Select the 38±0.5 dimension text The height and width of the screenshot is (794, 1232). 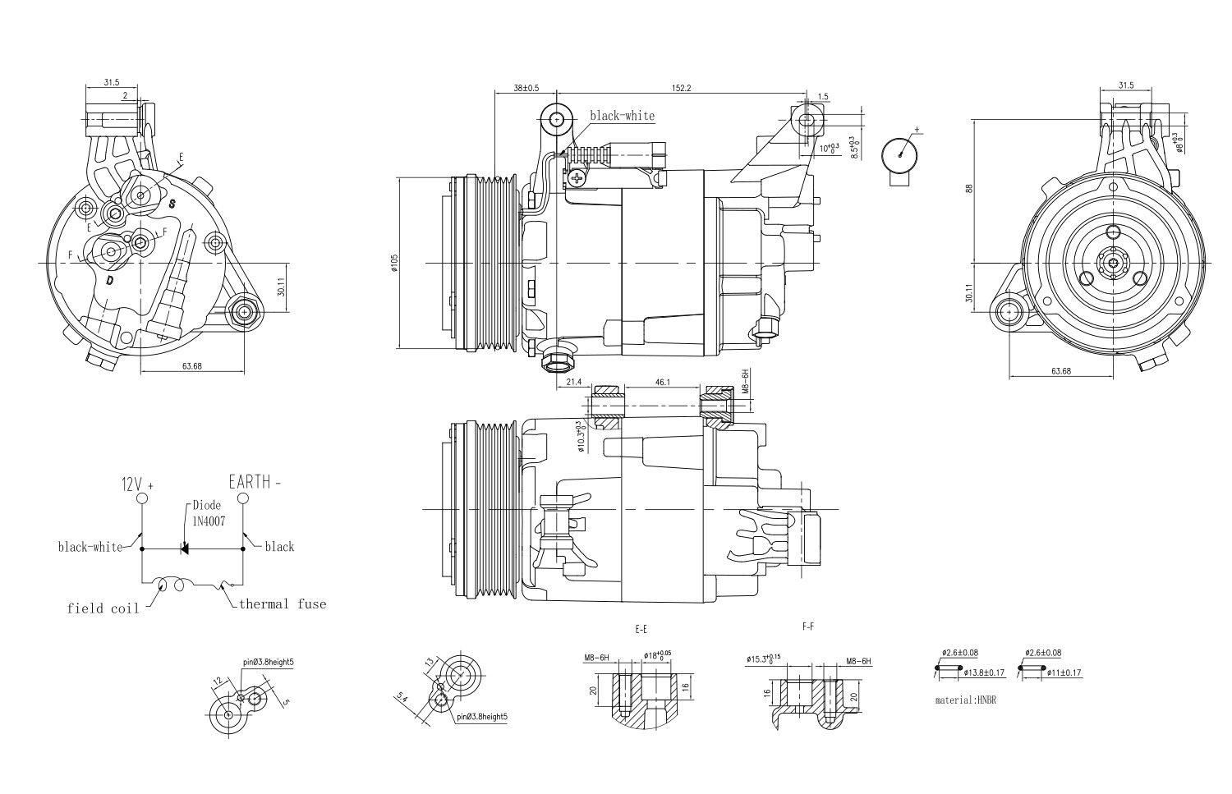(526, 87)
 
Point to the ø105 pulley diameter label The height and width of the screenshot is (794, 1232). (394, 264)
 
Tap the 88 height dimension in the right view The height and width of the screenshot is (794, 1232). (969, 188)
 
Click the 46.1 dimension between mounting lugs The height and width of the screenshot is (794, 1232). (663, 382)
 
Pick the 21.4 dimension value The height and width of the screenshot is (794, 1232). (574, 382)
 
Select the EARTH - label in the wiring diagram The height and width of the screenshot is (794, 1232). (255, 482)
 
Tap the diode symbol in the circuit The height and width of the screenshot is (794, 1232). (185, 548)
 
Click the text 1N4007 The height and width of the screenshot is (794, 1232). (209, 521)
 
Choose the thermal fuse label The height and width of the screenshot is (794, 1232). (283, 604)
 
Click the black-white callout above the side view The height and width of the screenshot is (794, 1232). (622, 116)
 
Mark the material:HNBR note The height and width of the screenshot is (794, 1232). (965, 700)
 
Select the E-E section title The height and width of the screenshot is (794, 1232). (641, 629)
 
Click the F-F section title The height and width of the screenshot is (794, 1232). (807, 626)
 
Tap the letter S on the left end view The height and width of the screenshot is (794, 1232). (172, 202)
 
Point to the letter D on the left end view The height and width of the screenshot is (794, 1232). (109, 280)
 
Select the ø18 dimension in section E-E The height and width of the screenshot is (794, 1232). (656, 655)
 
